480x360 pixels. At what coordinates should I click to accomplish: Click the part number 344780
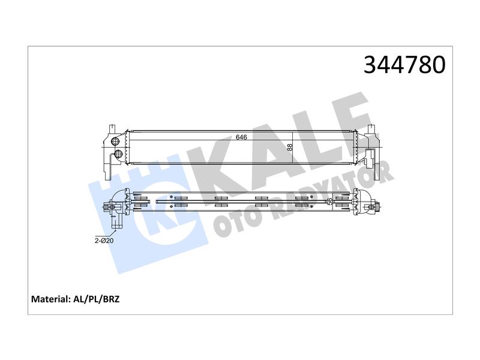pos(404,65)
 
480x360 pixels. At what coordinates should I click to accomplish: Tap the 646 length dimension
pos(241,137)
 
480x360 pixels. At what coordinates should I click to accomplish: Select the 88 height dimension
pos(290,147)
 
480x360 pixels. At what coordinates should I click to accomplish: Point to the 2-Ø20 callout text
pos(104,241)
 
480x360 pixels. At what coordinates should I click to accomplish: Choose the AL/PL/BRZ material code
pos(97,299)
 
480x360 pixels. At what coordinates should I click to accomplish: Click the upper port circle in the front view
pos(115,141)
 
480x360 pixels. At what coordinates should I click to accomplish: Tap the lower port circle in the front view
pos(118,154)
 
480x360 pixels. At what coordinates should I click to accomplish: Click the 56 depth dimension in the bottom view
pos(329,201)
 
